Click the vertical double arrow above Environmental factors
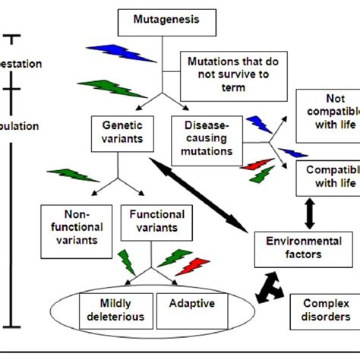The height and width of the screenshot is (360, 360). [x=308, y=211]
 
